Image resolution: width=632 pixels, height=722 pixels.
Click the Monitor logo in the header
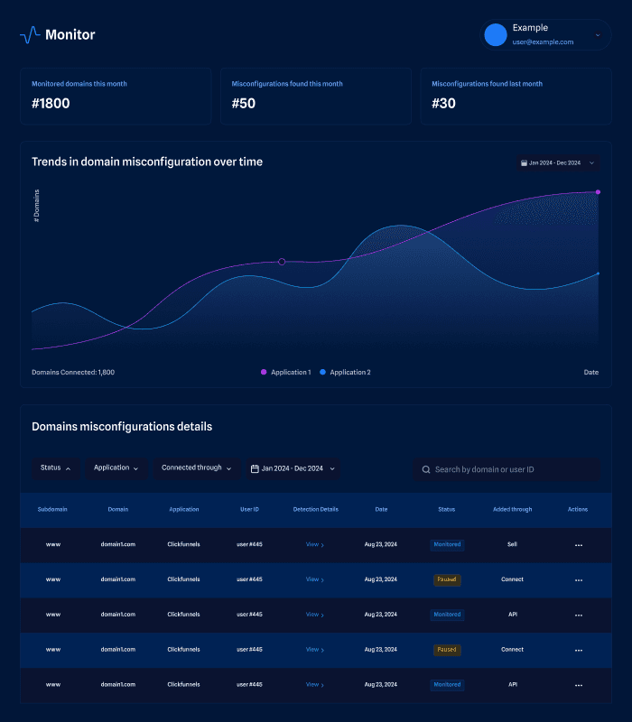[x=57, y=35]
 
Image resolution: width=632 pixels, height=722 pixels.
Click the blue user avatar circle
[x=496, y=35]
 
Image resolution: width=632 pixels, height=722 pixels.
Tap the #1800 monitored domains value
[x=51, y=104]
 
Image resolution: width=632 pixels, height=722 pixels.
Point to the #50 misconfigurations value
[x=244, y=104]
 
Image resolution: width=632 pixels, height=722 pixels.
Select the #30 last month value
[x=443, y=104]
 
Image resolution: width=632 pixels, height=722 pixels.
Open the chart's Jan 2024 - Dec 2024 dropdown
[x=557, y=163]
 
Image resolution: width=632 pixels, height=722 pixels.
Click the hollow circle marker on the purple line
[x=282, y=262]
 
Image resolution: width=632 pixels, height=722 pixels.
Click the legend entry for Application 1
[x=286, y=372]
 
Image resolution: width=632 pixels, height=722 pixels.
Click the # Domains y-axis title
[x=37, y=206]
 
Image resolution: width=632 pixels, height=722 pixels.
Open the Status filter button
[x=55, y=468]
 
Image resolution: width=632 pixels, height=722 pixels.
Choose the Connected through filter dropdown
[x=196, y=468]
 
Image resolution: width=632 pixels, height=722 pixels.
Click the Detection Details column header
[x=316, y=509]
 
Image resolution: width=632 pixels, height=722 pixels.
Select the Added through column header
[x=512, y=509]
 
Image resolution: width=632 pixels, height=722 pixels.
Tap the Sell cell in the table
[x=512, y=544]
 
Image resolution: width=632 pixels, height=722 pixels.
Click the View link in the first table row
[x=314, y=545]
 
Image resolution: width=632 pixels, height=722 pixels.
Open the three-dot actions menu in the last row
[x=579, y=685]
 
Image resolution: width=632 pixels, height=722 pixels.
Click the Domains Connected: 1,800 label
[x=73, y=372]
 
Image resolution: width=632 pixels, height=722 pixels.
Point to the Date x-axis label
[x=590, y=372]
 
